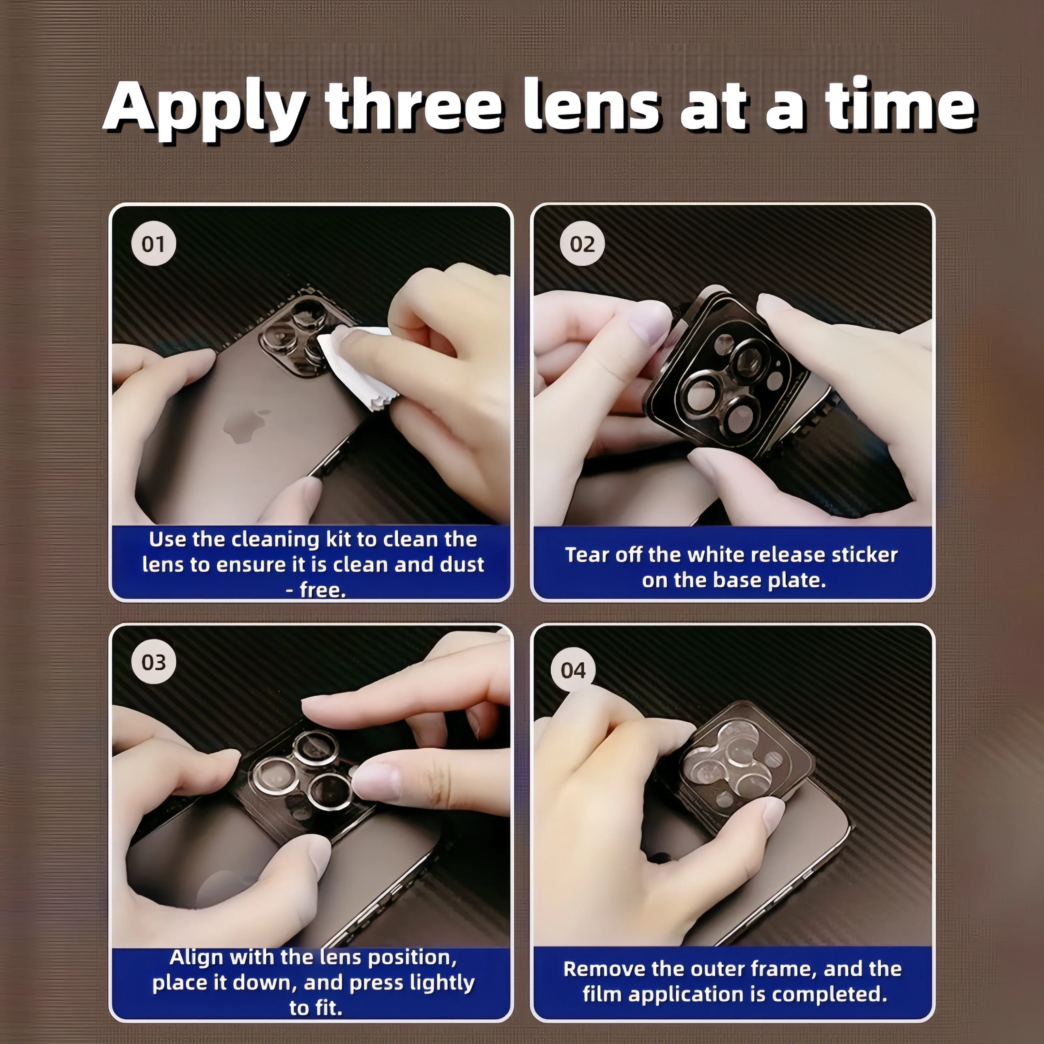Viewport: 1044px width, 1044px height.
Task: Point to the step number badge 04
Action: pyautogui.click(x=573, y=670)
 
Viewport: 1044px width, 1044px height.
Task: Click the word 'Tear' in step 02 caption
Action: pyautogui.click(x=587, y=555)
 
